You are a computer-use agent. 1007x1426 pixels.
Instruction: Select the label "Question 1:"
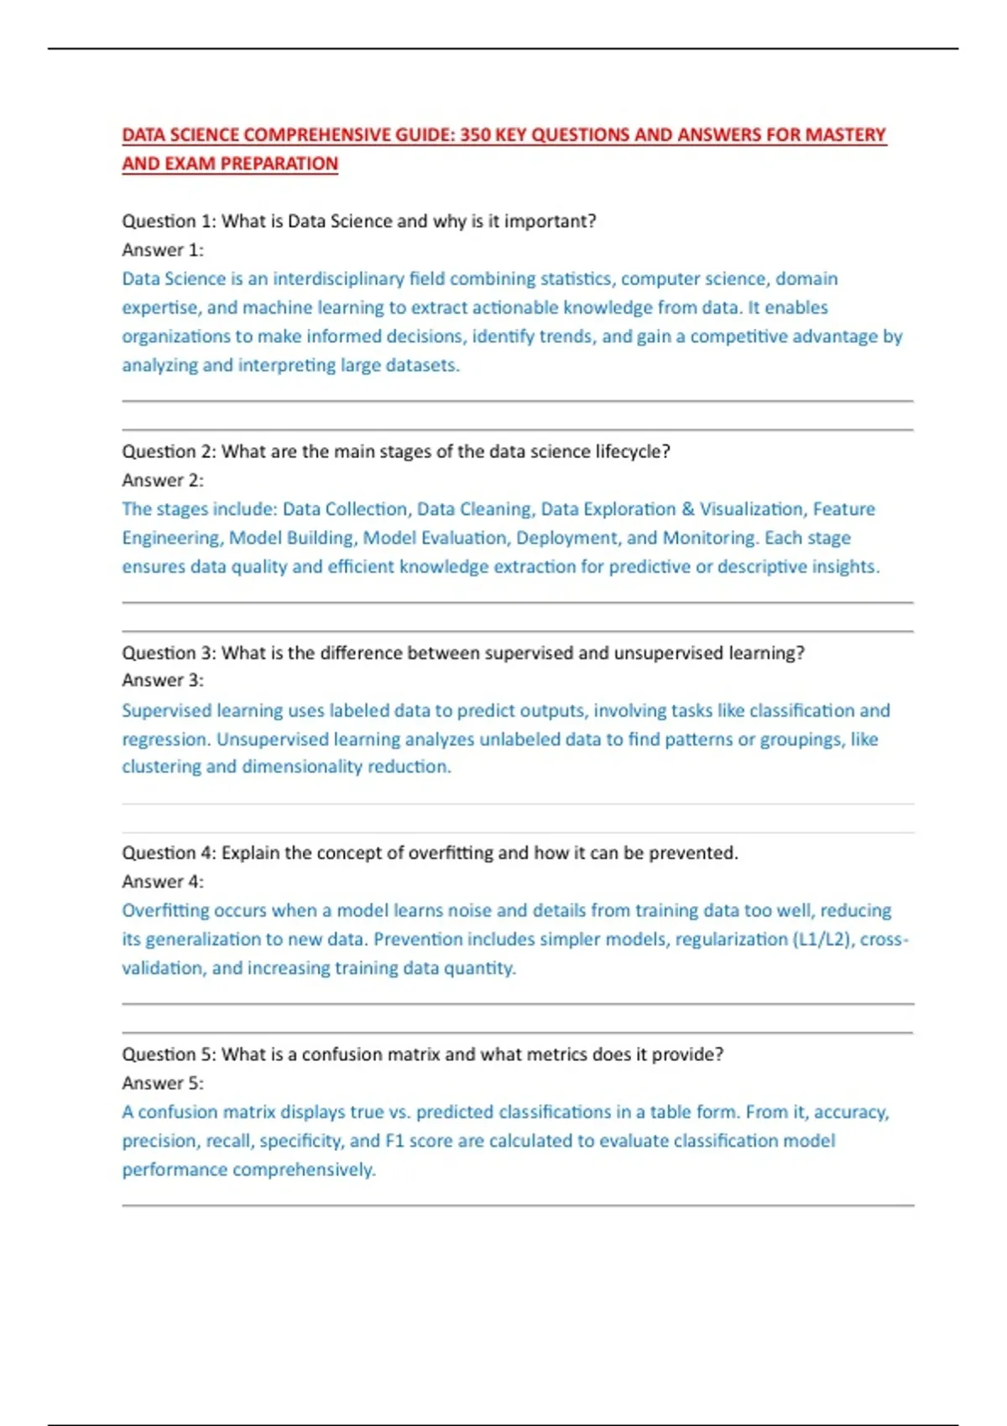169,221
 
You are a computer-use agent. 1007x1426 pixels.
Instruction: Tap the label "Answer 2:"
163,481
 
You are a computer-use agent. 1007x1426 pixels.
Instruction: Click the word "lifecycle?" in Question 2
633,451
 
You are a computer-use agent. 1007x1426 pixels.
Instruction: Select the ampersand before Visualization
688,509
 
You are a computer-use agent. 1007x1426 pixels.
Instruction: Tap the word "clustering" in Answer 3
161,767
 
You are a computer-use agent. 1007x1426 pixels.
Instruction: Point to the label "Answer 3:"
163,680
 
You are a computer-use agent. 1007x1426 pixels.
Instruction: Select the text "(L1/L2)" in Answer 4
821,939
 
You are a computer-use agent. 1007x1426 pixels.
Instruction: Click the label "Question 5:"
169,1054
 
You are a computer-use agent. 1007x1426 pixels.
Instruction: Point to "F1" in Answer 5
394,1141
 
